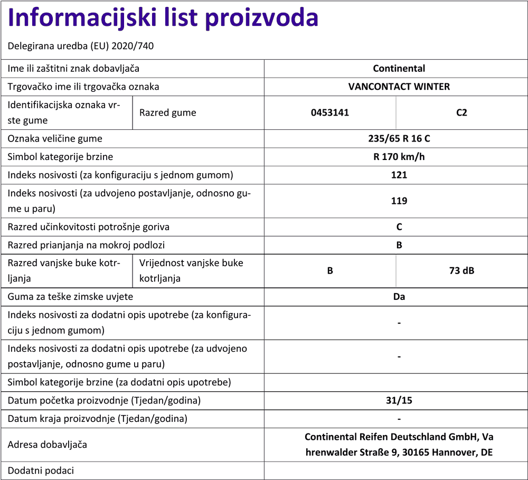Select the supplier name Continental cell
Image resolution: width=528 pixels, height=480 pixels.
(399, 69)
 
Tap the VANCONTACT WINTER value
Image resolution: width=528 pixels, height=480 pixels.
(399, 87)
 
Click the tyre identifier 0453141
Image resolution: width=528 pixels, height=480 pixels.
(330, 112)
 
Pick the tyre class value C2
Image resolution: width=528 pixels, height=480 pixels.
(461, 112)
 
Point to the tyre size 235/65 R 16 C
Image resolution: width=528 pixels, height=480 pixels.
(399, 139)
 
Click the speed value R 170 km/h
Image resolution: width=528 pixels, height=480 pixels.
(399, 157)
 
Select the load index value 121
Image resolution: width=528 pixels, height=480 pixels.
(399, 175)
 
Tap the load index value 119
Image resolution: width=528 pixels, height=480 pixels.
(399, 201)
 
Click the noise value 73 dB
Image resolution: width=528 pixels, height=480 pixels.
(461, 271)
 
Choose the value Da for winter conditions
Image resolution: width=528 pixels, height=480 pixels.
(399, 297)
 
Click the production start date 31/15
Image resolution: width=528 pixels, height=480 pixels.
(399, 400)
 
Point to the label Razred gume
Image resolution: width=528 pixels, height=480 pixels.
(168, 112)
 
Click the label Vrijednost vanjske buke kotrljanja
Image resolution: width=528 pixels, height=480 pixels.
(191, 270)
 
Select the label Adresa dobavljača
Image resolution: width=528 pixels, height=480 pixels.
(47, 445)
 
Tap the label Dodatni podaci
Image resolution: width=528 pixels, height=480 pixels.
(41, 470)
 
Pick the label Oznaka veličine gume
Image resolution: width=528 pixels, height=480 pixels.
(55, 139)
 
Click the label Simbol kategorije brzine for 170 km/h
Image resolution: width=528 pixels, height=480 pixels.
(60, 157)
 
